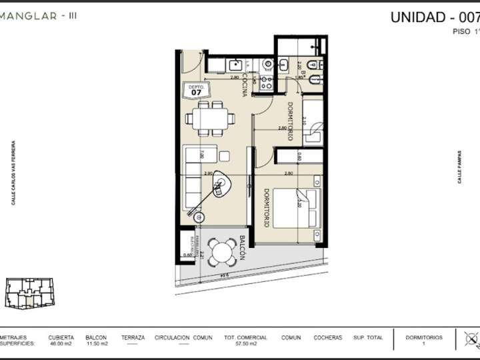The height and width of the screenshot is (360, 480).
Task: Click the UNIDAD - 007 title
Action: pos(434,17)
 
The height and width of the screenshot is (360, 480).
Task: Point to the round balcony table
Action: pos(219,251)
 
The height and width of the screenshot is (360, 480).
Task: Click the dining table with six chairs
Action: pos(211,119)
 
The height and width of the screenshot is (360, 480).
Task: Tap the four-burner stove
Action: pos(266,83)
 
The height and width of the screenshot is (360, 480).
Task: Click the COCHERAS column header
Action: pos(328,338)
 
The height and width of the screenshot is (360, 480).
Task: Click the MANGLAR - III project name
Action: pos(38,16)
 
